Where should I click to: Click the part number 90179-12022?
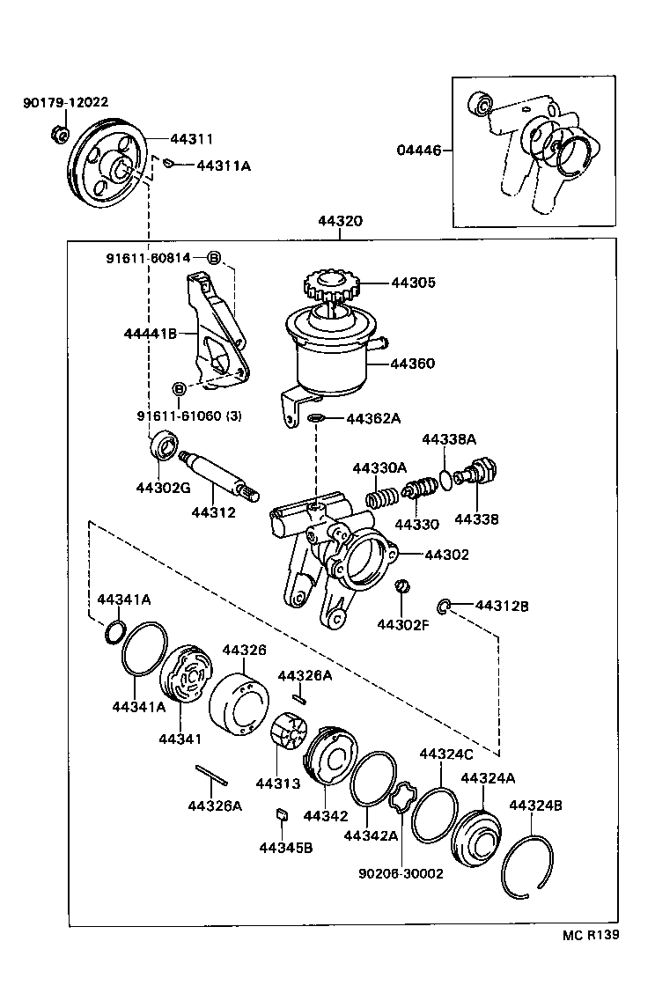point(65,103)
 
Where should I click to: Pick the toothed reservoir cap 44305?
point(331,284)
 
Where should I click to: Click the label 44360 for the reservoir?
point(413,363)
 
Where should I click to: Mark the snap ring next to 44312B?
point(445,606)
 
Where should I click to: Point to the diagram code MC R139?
point(590,935)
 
